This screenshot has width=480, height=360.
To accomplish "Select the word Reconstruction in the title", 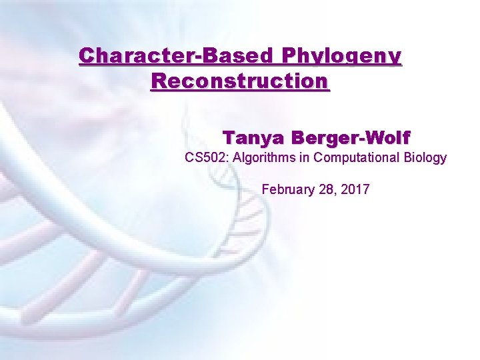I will (x=240, y=82).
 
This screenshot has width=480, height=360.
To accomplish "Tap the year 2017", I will (x=355, y=189).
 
